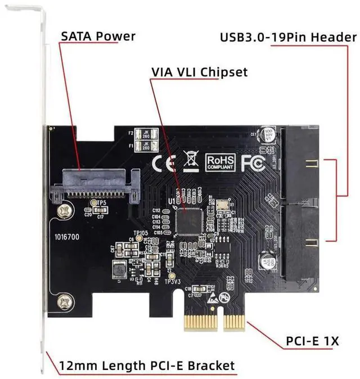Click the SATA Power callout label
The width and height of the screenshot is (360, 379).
[98, 36]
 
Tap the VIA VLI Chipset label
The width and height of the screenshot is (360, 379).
[199, 72]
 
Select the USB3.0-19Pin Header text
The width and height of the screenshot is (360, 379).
[287, 38]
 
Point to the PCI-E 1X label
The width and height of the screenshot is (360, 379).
[312, 341]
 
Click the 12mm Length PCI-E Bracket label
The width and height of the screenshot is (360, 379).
[147, 366]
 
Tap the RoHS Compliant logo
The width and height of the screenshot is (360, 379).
[219, 162]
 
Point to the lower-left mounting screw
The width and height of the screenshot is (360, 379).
[64, 301]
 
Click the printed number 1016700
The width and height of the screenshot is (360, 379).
[67, 237]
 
